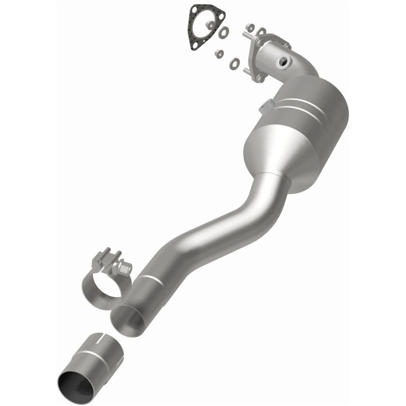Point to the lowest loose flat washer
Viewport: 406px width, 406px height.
[235, 63]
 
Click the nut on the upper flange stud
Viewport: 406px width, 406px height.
[250, 26]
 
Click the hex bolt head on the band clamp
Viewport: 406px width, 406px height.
[124, 266]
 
